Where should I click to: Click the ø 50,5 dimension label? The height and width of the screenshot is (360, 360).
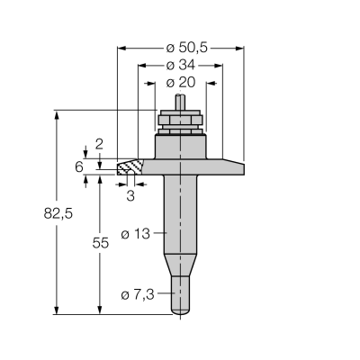point(186,48)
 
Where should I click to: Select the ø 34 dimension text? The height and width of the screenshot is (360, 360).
point(180,65)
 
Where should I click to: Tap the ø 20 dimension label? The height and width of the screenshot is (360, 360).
point(181,82)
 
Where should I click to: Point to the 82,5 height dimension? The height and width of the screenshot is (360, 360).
point(58,214)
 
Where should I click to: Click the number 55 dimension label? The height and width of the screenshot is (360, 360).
point(100,243)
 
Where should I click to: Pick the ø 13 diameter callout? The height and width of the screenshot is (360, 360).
point(135,234)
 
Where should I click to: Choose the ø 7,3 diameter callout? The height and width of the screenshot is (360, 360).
point(138,295)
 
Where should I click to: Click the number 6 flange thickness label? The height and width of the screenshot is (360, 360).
point(79,166)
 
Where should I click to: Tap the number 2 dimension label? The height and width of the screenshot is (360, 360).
point(99,144)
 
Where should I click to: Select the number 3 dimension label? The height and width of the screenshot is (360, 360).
point(130,196)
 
